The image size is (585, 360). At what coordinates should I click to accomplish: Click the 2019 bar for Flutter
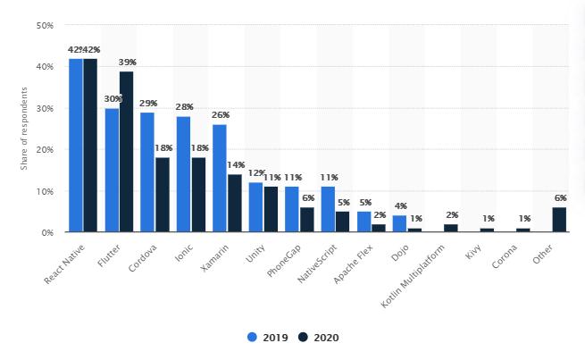point(112,170)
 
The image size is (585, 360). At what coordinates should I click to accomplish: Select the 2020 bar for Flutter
point(126,152)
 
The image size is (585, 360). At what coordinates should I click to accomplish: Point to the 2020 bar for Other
point(559,220)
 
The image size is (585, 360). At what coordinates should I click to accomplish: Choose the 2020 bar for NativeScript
point(342,222)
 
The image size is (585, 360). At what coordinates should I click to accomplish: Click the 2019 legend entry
point(264,338)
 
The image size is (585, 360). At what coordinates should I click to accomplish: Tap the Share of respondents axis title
point(25,128)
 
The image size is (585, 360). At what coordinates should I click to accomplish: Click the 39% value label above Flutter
point(127,62)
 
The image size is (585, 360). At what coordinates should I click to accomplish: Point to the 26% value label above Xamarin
point(221,115)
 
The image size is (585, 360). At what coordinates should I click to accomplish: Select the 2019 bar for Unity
point(255,207)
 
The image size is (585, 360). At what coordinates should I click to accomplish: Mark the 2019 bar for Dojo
point(399,223)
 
